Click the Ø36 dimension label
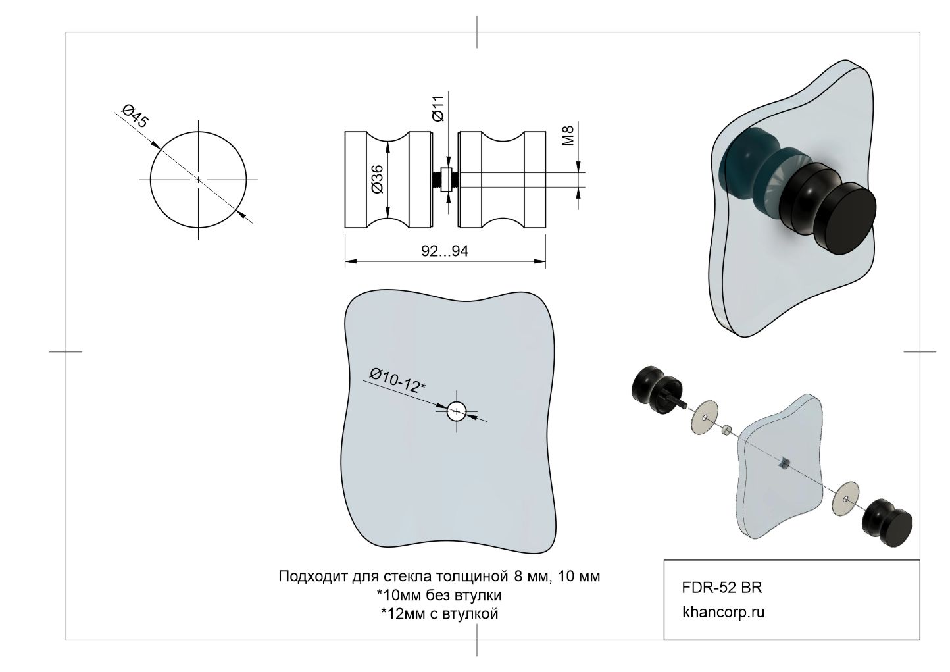[x=377, y=178]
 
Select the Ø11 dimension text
[x=439, y=107]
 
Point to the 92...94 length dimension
[x=444, y=251]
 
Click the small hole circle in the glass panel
[x=457, y=412]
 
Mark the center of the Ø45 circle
[x=199, y=179]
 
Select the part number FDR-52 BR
[x=722, y=587]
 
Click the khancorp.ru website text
[x=724, y=612]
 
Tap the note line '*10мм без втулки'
[x=439, y=596]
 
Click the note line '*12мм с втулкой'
[x=439, y=614]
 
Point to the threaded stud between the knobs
[x=437, y=179]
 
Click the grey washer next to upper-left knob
[x=705, y=416]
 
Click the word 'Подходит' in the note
[x=306, y=577]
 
